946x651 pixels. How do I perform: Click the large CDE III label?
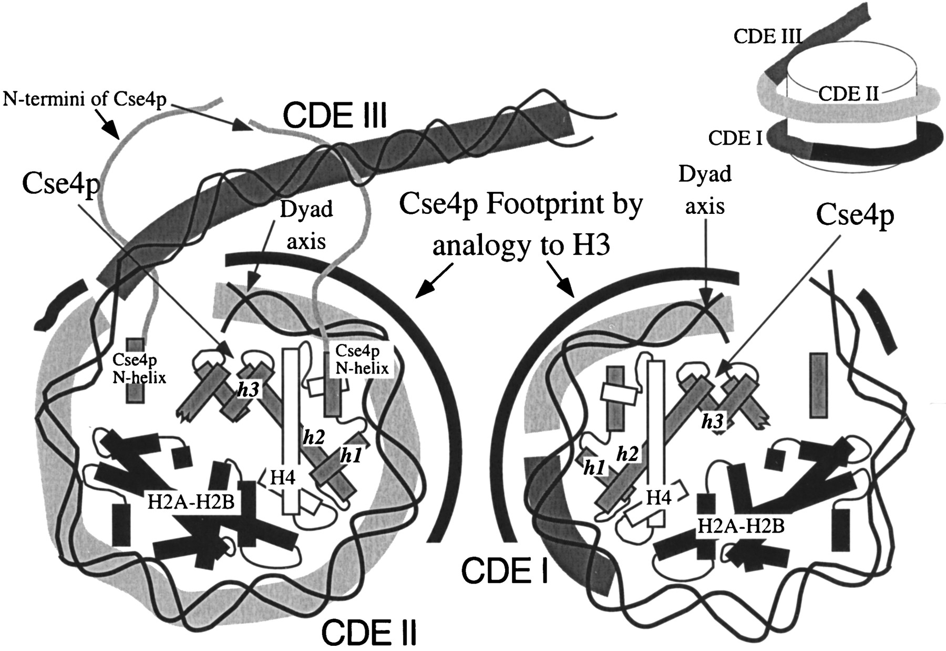[335, 115]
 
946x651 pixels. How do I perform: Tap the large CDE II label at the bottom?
[368, 632]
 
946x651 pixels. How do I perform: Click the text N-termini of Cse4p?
[85, 99]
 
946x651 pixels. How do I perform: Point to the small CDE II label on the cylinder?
[848, 95]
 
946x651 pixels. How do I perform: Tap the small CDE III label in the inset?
[767, 36]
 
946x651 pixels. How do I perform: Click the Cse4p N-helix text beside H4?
[362, 359]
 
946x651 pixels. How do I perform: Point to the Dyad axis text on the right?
[705, 189]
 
